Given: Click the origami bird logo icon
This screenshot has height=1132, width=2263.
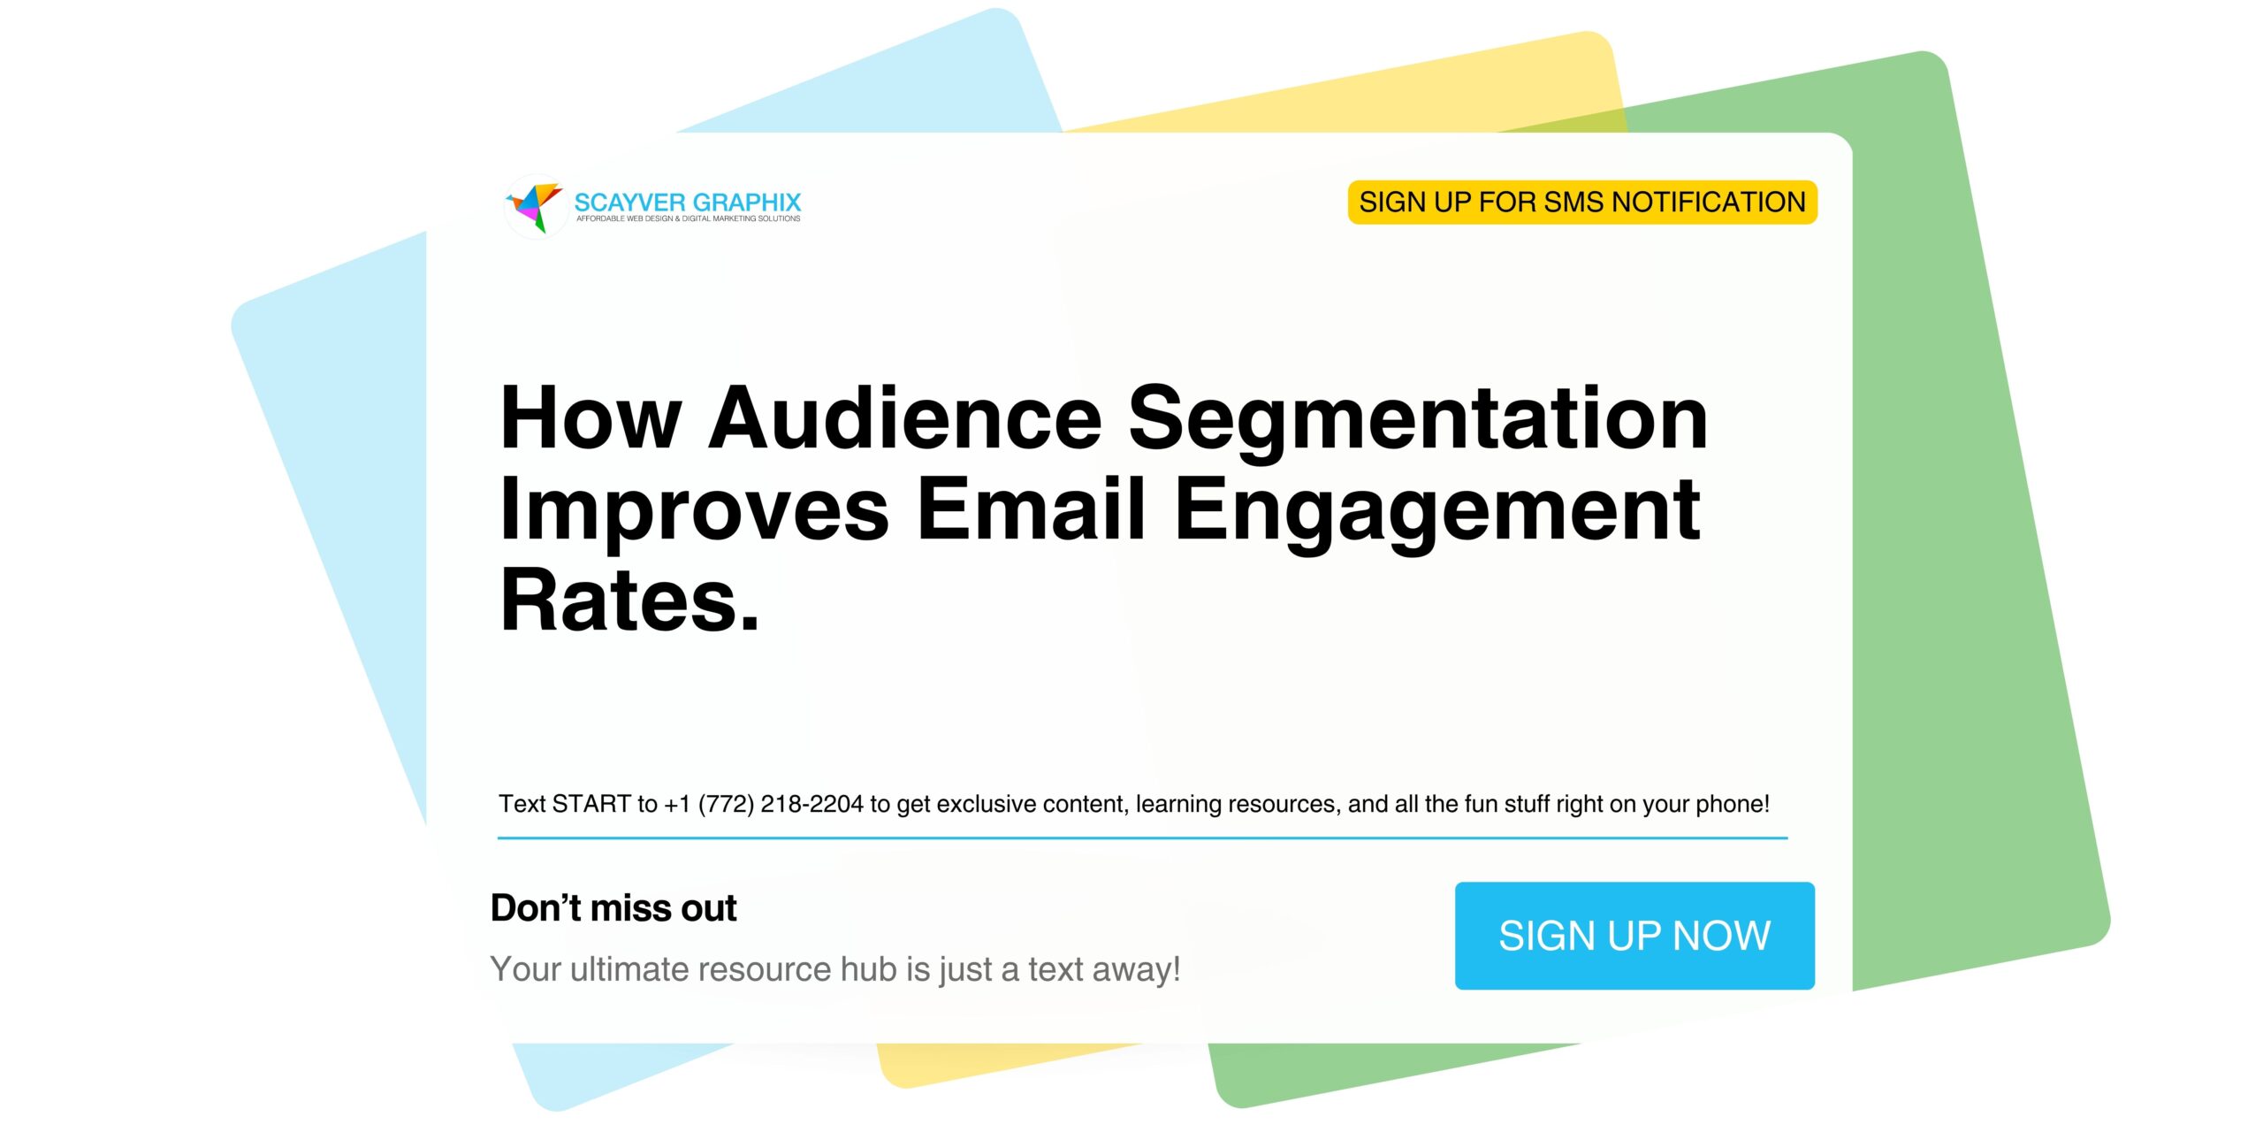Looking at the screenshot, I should [536, 206].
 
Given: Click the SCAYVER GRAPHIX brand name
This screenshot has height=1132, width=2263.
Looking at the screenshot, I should [687, 202].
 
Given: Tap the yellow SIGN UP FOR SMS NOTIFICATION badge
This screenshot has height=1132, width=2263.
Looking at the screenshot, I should [1581, 203].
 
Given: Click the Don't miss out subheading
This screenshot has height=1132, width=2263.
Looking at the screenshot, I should [613, 908].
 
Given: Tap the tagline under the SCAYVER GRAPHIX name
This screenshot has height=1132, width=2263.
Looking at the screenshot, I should [688, 218].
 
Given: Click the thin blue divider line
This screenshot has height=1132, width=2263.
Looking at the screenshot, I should [1142, 837].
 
